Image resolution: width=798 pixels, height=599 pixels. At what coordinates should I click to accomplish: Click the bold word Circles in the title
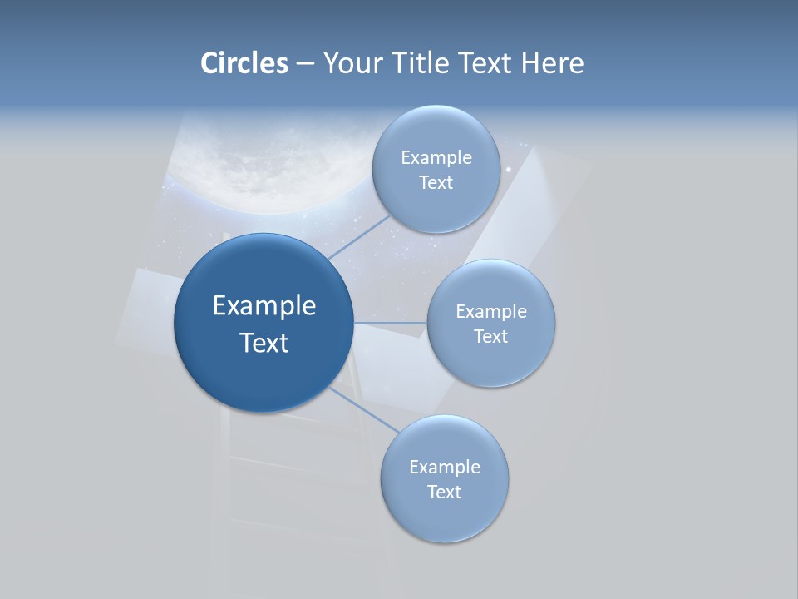[x=244, y=63]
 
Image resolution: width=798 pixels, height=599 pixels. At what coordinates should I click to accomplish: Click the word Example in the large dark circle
[x=264, y=306]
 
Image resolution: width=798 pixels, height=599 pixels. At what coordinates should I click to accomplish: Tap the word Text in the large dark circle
[x=264, y=343]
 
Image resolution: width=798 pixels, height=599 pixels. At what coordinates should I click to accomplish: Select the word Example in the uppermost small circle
[x=436, y=158]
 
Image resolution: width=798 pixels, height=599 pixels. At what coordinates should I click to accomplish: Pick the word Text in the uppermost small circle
[x=436, y=183]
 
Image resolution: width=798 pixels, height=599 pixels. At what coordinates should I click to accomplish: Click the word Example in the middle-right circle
[x=491, y=312]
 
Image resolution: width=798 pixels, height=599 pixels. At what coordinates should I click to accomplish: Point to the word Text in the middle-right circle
[x=490, y=337]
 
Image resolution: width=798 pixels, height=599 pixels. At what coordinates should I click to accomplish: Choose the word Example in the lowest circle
[x=445, y=468]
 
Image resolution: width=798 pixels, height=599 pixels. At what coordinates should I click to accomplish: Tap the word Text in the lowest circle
[x=444, y=493]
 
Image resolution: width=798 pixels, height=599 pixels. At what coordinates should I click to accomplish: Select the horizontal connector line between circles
[x=390, y=323]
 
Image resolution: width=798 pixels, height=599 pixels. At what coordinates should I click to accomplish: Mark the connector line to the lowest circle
[x=366, y=410]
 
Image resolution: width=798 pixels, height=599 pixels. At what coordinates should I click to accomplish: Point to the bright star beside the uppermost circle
[x=509, y=170]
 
